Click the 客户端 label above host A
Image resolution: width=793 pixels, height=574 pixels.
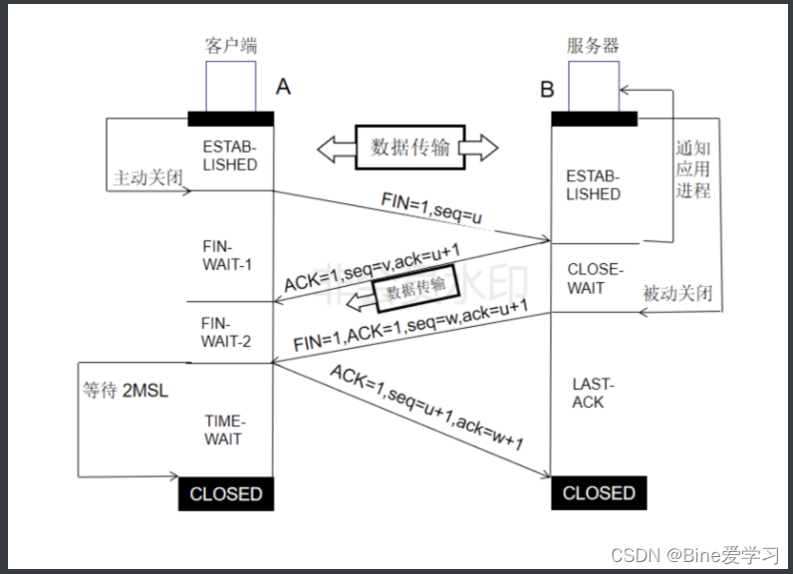[x=230, y=46]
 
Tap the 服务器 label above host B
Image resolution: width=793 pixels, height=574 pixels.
[x=593, y=46]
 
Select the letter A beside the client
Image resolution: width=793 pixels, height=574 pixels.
[x=283, y=88]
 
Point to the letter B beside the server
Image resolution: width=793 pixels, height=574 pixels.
[x=547, y=90]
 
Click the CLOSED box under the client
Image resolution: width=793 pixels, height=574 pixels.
[x=226, y=494]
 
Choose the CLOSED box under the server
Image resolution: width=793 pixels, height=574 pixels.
[x=599, y=493]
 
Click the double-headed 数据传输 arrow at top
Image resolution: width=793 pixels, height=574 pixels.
[x=408, y=147]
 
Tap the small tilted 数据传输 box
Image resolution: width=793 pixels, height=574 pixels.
[x=418, y=288]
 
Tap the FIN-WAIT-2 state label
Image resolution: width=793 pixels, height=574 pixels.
[x=226, y=333]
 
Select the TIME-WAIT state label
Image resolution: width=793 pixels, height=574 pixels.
[x=223, y=430]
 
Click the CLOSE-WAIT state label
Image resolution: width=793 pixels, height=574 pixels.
[x=594, y=278]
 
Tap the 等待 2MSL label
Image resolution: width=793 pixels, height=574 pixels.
[x=125, y=389]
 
